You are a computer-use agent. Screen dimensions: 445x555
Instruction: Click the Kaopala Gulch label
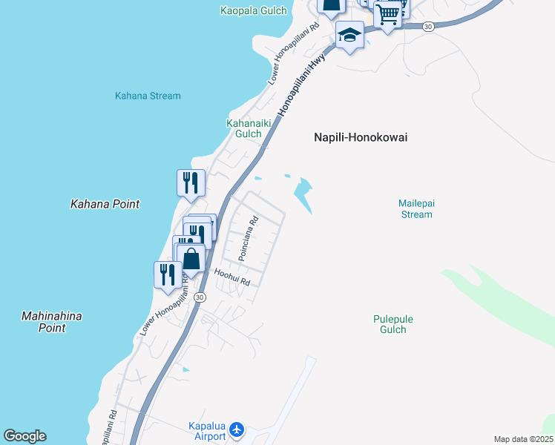coord(253,10)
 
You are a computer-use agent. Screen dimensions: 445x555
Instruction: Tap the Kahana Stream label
coord(148,96)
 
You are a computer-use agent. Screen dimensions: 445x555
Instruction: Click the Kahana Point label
coord(105,204)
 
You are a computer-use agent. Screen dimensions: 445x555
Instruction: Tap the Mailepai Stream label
coord(415,208)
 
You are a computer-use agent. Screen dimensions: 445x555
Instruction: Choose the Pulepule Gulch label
coord(393,324)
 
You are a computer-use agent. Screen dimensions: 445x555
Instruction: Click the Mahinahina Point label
coord(51,321)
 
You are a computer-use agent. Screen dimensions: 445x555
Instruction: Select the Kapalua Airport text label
coord(206,431)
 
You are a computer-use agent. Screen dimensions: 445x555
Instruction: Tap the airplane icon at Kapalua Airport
coord(237,429)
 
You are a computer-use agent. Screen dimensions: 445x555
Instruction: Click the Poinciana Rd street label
coord(248,237)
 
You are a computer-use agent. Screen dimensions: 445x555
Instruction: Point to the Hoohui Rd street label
coord(232,277)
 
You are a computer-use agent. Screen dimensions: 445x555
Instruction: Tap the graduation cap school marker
coord(349,34)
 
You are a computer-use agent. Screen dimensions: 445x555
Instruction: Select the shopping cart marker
coord(388,13)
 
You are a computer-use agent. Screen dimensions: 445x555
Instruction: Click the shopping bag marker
coord(191,259)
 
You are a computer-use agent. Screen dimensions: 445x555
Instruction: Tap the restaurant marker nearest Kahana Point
coord(191,182)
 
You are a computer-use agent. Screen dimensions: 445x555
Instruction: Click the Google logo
coord(25,436)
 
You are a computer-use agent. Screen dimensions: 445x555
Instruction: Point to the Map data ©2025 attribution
coord(523,439)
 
